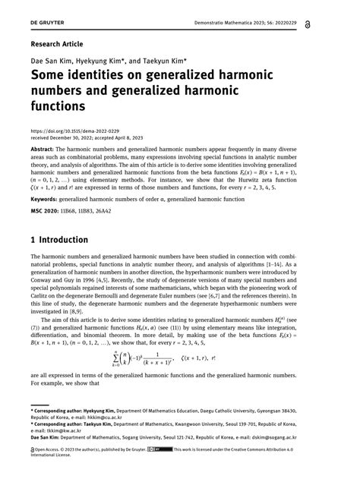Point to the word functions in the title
pos(62,107)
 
